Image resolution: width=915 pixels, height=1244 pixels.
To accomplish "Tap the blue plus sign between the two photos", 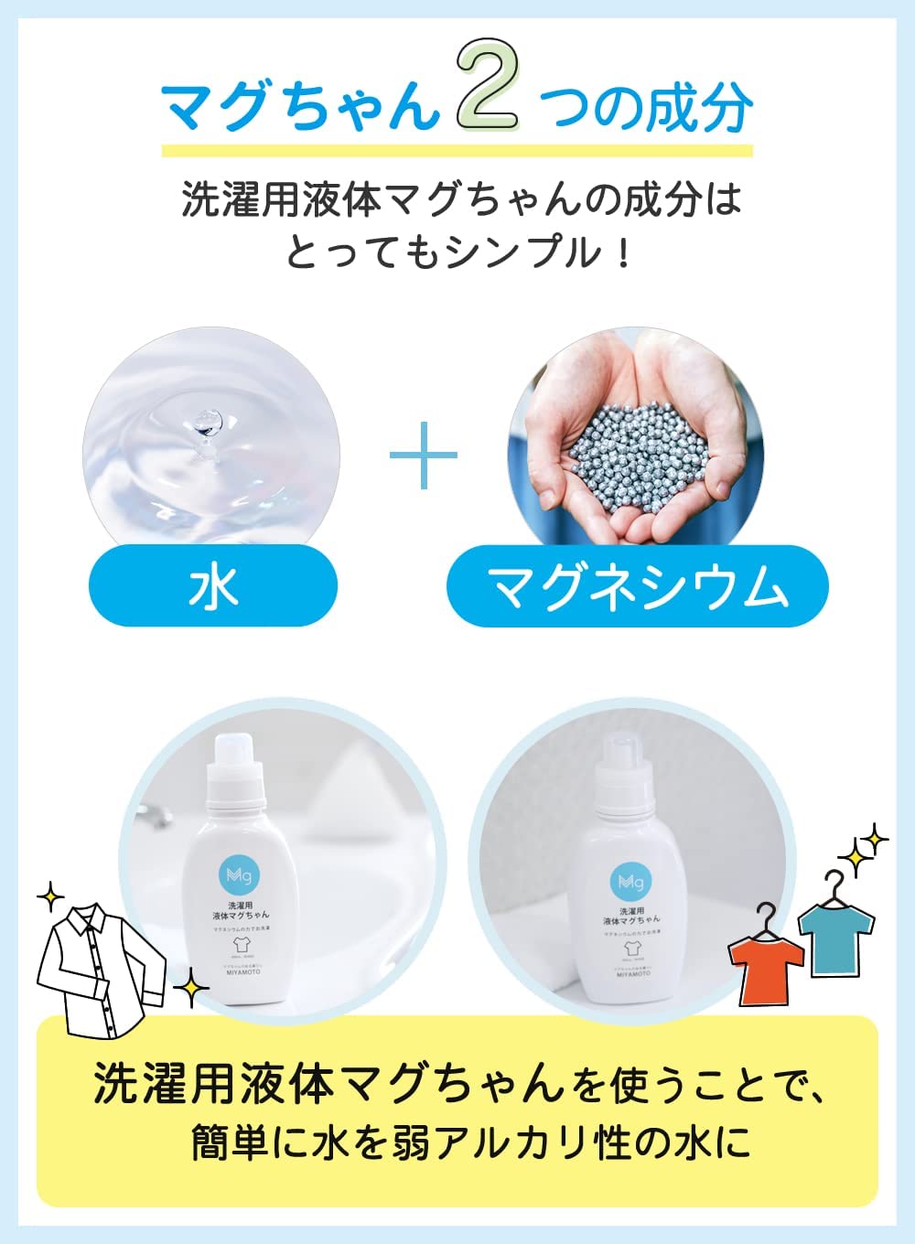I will tap(424, 454).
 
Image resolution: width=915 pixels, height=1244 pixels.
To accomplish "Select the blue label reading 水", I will tap(213, 585).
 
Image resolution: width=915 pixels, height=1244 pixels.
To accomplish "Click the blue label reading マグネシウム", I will tap(638, 586).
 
